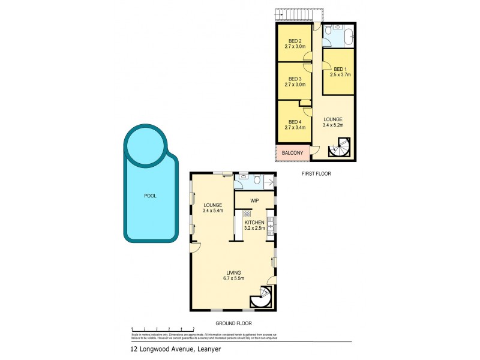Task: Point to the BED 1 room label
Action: pos(339,68)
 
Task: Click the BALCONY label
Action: pos(293,153)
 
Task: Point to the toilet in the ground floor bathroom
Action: pos(256,179)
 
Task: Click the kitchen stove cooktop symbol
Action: pos(247,214)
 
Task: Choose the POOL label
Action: pos(150,196)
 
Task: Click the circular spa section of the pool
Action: pos(145,144)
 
